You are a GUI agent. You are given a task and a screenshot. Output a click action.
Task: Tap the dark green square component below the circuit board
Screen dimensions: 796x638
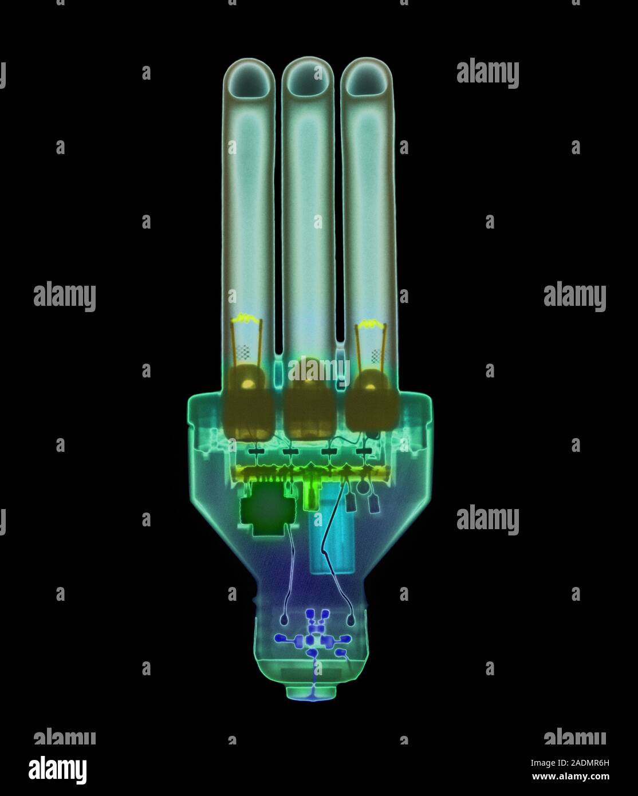pos(265,510)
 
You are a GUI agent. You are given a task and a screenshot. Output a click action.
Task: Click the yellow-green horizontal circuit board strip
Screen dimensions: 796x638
pos(309,473)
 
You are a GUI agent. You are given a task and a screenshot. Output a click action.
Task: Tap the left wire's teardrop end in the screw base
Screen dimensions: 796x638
pos(285,619)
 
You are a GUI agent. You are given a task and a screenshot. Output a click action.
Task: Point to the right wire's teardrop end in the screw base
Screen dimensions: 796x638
pos(349,620)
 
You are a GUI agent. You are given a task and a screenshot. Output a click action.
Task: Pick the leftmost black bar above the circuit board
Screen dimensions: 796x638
pos(256,452)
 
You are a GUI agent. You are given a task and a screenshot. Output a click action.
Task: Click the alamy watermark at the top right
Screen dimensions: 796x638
pos(487,73)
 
